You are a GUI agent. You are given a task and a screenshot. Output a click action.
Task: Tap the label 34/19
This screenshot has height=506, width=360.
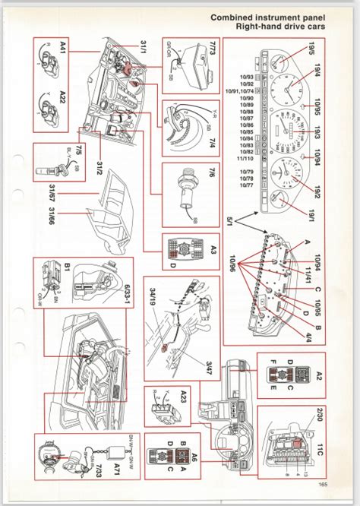154,295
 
